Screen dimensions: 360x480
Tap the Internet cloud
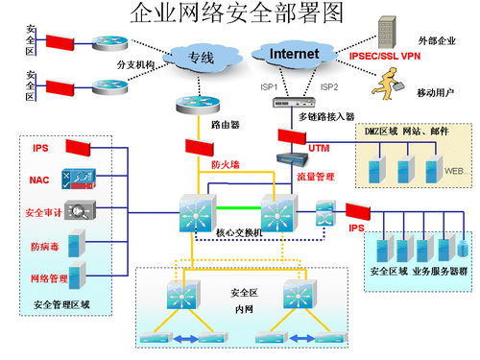[293, 55]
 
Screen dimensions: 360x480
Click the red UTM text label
[319, 149]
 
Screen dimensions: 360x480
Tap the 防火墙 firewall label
[225, 164]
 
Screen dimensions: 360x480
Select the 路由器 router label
[224, 125]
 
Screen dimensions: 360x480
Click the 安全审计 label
[42, 211]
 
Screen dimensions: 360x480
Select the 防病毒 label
[42, 247]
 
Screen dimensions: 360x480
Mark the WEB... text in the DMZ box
[455, 172]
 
